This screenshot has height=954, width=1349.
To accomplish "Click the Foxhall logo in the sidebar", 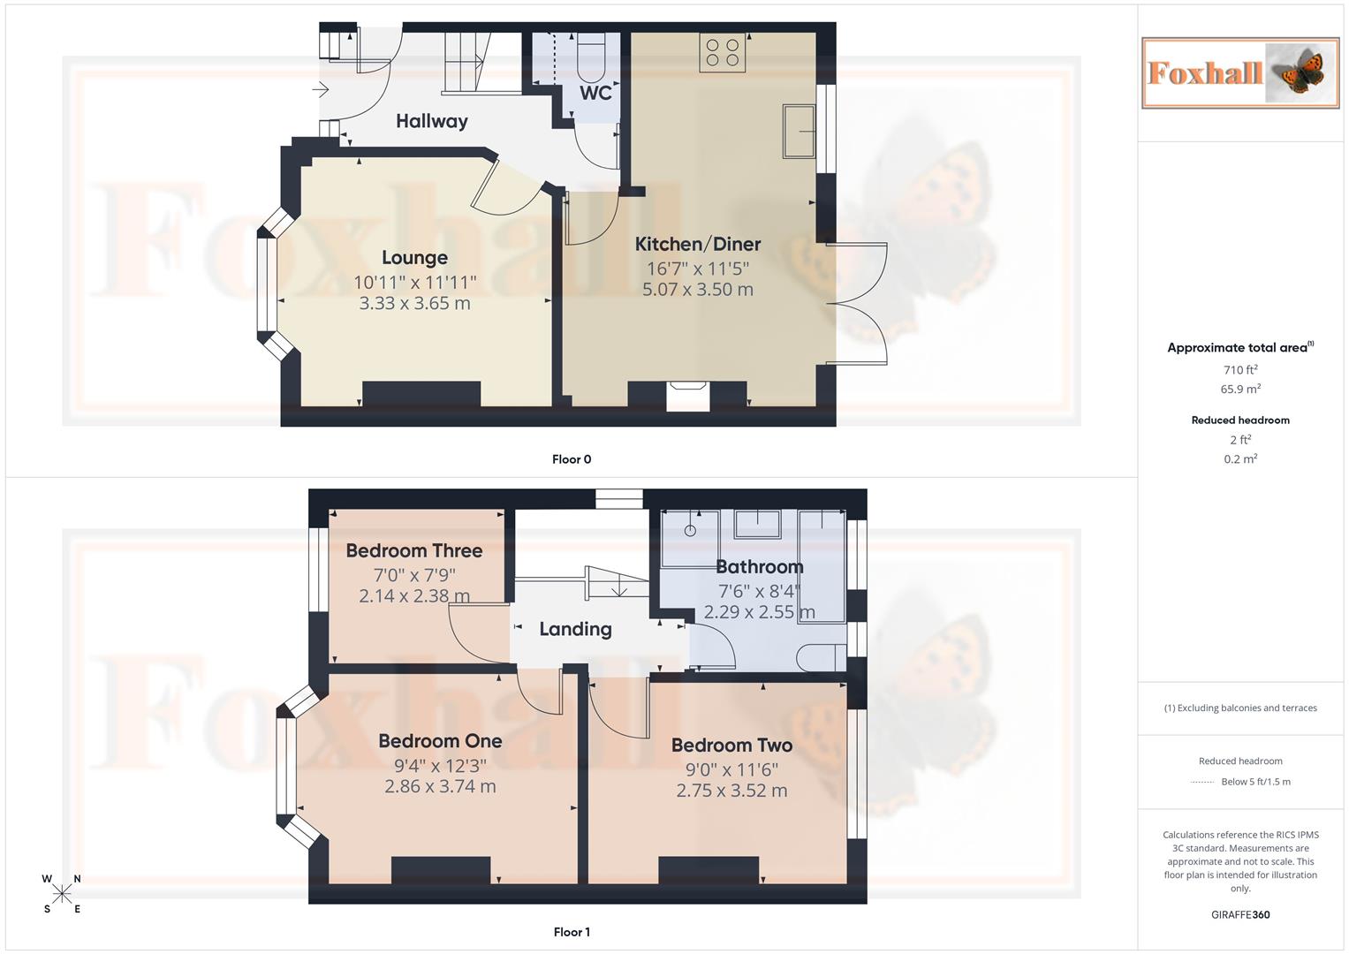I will point(1240,72).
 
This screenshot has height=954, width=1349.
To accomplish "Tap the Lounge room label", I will point(414,258).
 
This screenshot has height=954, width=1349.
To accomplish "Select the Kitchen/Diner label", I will point(698,245).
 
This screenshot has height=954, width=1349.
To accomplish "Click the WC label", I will point(595,93).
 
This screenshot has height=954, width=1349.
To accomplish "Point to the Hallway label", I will point(431,121).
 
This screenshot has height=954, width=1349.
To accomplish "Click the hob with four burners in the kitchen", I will point(723,52).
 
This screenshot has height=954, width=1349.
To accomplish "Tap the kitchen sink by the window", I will point(799,131).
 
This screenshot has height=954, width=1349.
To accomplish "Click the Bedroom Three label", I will point(414,551).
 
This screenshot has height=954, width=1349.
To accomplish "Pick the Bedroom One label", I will point(440,742).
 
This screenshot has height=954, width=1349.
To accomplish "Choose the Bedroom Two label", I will point(731,746).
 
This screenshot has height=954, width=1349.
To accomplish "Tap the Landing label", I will point(575,629).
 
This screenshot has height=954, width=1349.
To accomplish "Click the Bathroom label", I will point(759,567).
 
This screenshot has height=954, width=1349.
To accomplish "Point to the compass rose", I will point(62,894).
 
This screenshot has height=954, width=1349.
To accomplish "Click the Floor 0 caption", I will point(572,459).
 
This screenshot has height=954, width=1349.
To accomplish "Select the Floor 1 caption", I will point(572,932).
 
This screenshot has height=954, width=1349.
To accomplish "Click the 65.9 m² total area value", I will point(1240,389).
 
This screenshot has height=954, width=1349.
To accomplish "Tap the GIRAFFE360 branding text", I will point(1240,915).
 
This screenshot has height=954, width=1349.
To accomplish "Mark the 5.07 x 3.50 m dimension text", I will point(698,290).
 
